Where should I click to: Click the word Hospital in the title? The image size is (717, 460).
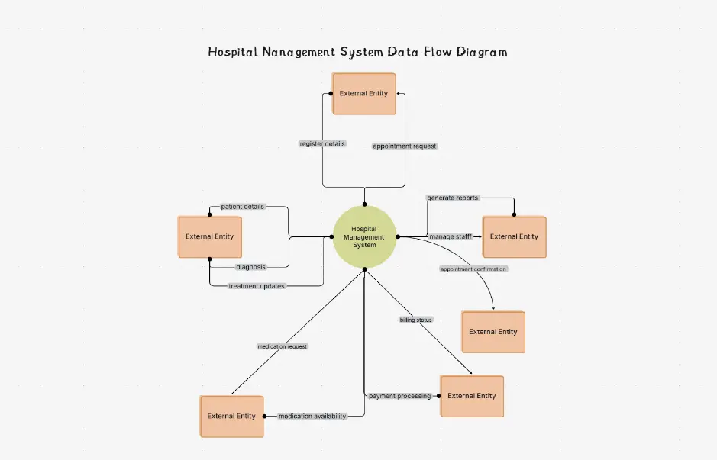point(232,53)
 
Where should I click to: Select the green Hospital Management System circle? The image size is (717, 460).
point(364,236)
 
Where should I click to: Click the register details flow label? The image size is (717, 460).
point(322,143)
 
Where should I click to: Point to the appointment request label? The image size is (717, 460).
point(405,146)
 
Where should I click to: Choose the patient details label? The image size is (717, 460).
point(243,207)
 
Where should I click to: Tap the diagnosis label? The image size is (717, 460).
point(250,267)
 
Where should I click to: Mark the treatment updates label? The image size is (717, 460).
point(257,286)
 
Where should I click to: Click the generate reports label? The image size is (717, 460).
point(452,198)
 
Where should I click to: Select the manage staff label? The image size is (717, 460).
point(451,236)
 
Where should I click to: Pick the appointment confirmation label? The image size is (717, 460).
point(473,269)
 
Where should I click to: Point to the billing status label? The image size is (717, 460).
point(416,320)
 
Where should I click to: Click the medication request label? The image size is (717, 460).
point(283,346)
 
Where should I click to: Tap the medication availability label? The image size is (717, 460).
point(312,416)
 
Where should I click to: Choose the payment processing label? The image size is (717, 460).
point(399,396)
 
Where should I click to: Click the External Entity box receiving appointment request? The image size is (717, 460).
point(363,94)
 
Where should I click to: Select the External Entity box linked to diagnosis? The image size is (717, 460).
point(209,236)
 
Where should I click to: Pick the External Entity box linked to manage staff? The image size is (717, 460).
point(514,236)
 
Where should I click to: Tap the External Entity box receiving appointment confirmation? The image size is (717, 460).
point(493,332)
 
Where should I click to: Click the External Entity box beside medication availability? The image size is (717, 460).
point(231,416)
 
